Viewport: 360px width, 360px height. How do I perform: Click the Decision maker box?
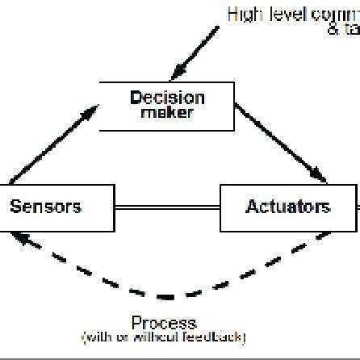coord(167,106)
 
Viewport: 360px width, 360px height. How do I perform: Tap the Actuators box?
coord(288,207)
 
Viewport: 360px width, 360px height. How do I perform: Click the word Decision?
coord(167,98)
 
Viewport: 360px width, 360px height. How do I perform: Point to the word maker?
coord(167,113)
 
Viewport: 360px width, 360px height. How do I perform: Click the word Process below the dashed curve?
coord(165,323)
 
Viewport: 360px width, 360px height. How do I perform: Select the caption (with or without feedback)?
coord(165,337)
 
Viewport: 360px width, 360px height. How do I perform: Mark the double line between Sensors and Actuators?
coord(167,207)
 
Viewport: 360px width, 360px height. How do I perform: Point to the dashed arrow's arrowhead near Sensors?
coord(25,237)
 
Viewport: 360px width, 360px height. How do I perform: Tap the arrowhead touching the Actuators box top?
coord(320,178)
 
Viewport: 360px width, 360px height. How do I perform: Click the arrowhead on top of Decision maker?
coord(172,74)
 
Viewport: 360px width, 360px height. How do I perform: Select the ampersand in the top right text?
coord(333,30)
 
